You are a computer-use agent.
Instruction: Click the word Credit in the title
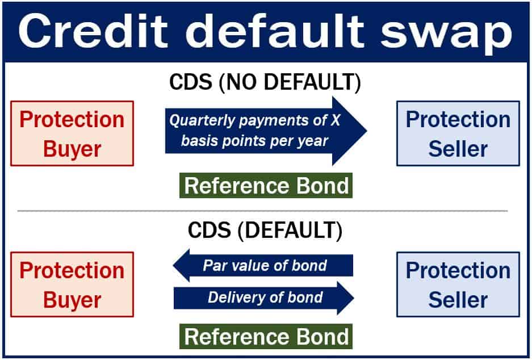click(x=93, y=31)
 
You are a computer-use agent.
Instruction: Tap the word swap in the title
click(x=446, y=34)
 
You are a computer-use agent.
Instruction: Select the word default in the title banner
click(x=275, y=31)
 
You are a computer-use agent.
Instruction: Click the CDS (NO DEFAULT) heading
click(x=265, y=82)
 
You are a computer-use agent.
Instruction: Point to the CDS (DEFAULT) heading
click(x=265, y=231)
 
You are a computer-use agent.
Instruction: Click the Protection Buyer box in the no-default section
click(x=72, y=133)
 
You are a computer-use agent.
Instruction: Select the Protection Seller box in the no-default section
click(x=458, y=133)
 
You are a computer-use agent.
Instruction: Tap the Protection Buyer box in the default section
click(x=72, y=284)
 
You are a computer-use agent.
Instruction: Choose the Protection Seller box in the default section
click(x=458, y=284)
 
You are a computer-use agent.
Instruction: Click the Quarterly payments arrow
click(x=266, y=131)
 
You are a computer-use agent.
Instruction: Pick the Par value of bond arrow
click(x=263, y=265)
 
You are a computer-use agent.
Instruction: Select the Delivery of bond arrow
click(x=264, y=298)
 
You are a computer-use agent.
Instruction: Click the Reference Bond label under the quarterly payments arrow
click(x=266, y=186)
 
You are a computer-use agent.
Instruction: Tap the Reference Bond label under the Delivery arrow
click(x=266, y=336)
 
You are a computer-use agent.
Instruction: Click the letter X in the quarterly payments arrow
click(x=335, y=120)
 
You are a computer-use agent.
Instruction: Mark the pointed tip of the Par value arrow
click(x=173, y=265)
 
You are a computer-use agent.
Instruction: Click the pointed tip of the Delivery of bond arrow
click(x=354, y=298)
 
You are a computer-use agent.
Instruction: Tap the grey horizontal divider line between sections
click(x=263, y=211)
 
